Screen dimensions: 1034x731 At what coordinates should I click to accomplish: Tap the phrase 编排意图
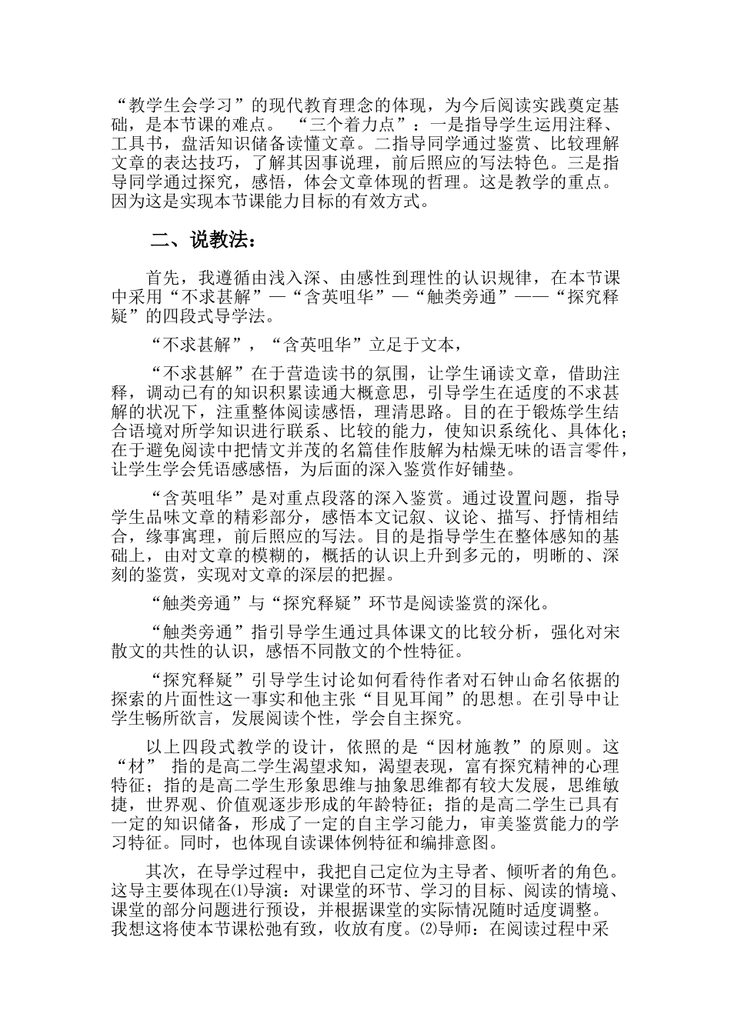coord(448,846)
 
